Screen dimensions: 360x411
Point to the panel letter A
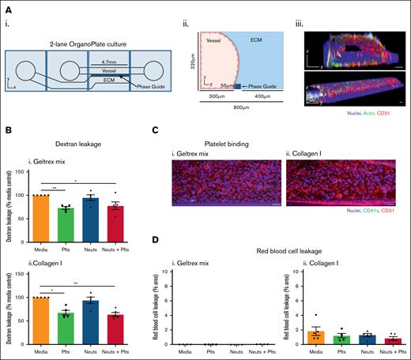click(x=6, y=6)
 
